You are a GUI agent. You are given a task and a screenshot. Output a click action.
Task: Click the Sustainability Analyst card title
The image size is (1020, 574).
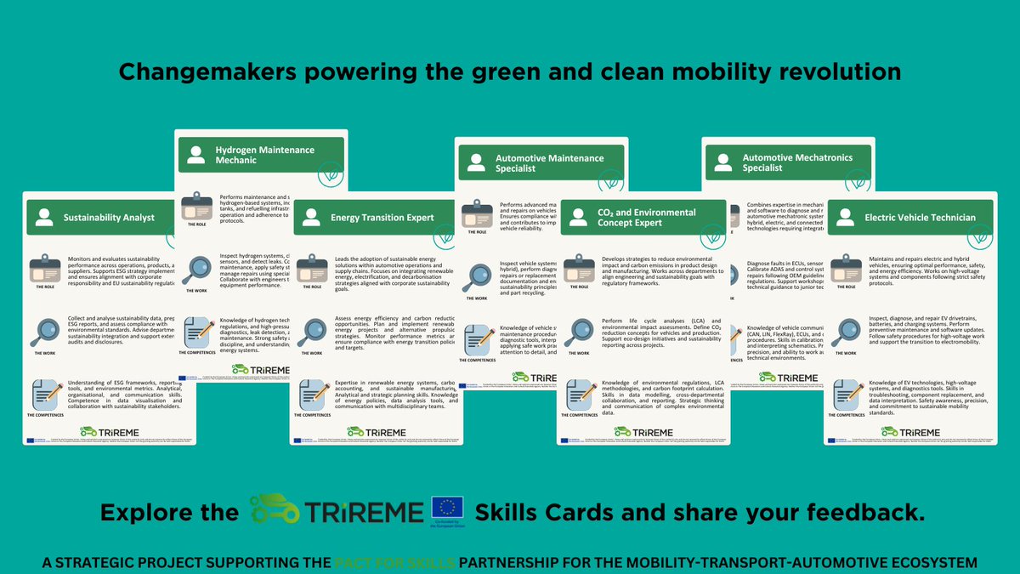109,218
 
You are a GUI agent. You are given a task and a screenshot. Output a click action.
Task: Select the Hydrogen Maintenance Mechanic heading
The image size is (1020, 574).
252,156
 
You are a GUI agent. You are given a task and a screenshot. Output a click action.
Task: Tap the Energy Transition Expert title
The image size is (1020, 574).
381,218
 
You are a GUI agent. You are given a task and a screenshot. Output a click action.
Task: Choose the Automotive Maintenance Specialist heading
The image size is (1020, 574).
536,163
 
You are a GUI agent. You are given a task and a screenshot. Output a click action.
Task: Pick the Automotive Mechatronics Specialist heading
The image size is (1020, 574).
783,162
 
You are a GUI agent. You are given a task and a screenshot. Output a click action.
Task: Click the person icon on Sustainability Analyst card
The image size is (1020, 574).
44,219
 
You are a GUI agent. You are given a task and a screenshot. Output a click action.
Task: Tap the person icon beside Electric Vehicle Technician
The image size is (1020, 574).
845,219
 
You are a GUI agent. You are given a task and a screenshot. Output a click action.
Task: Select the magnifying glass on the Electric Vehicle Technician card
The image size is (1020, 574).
847,331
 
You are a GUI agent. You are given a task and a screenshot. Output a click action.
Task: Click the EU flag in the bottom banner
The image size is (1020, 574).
447,511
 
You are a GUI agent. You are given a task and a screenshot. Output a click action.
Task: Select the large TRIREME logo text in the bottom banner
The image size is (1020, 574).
371,512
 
